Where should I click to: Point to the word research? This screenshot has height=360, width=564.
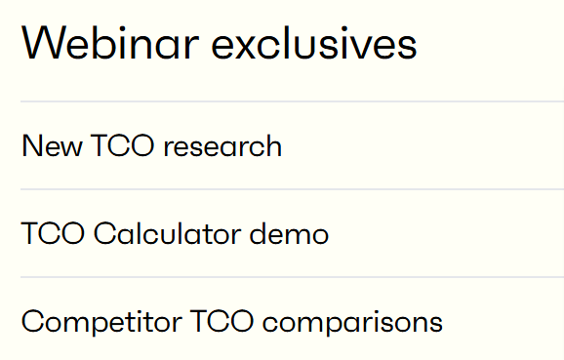click(222, 147)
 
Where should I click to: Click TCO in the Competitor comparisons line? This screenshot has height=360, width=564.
click(209, 322)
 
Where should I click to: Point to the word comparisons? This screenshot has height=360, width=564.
click(346, 323)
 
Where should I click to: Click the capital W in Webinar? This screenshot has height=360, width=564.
click(40, 45)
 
